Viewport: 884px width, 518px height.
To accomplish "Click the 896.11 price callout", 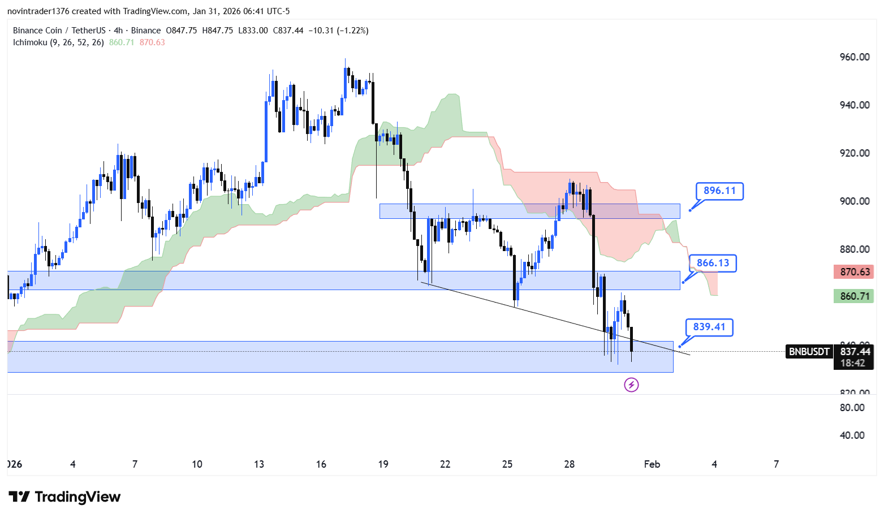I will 719,191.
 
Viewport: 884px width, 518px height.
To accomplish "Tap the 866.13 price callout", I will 713,263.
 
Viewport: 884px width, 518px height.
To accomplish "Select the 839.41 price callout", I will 709,327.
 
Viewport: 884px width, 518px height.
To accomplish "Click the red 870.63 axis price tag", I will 854,272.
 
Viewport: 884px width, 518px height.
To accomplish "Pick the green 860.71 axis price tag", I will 854,296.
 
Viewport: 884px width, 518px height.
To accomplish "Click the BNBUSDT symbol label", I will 809,352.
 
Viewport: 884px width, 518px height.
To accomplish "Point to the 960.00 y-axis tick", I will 855,57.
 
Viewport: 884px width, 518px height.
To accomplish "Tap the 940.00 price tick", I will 855,105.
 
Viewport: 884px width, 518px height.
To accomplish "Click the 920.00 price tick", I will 855,153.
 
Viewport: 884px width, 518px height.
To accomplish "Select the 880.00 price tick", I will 855,249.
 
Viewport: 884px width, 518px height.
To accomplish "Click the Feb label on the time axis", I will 652,464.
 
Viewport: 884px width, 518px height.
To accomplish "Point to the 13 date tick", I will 259,464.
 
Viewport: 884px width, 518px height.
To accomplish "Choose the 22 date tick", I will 445,464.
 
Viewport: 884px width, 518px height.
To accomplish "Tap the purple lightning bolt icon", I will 631,385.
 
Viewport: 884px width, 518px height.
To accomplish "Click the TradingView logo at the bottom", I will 64,497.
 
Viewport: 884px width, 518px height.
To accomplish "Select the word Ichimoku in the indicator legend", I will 30,42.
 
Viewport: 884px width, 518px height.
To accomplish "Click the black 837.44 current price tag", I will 854,352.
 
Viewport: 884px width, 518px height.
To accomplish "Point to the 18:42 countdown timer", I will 853,363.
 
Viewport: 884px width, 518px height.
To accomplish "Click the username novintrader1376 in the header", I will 37,11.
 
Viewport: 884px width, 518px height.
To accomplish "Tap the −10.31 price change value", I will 320,31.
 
